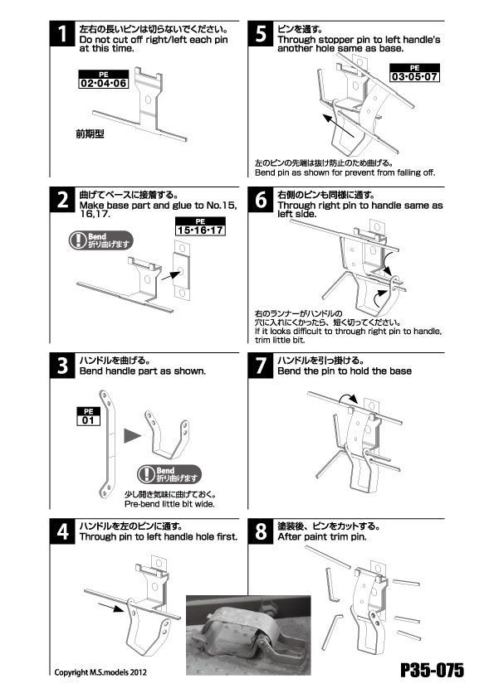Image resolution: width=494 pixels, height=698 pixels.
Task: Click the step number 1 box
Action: (62, 34)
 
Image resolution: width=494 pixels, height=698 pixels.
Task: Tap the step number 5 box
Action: (261, 34)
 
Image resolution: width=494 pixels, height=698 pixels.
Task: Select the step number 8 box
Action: (261, 531)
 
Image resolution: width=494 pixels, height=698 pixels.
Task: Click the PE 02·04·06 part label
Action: (104, 80)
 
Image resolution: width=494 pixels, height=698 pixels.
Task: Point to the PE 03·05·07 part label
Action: (414, 73)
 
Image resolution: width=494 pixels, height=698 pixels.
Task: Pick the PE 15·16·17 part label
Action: (200, 226)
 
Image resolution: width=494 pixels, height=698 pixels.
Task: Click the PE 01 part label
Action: (88, 416)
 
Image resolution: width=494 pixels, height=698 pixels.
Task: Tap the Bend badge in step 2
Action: (101, 240)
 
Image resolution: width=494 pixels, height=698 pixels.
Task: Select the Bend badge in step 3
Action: (169, 474)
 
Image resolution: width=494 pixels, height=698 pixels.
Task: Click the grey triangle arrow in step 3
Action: (132, 435)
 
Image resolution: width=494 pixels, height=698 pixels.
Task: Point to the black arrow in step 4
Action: (110, 607)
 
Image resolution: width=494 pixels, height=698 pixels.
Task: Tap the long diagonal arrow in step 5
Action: (339, 126)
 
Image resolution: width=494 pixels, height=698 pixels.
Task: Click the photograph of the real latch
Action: (248, 635)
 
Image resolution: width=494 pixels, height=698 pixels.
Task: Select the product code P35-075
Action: (432, 670)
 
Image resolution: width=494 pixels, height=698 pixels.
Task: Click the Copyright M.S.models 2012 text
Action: (100, 672)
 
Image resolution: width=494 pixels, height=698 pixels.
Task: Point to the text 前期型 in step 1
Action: (90, 133)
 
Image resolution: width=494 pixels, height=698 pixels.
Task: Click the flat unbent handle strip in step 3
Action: (108, 444)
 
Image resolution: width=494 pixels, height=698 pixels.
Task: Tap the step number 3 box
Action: (62, 366)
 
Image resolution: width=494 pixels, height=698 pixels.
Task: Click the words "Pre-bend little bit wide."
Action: (169, 504)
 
